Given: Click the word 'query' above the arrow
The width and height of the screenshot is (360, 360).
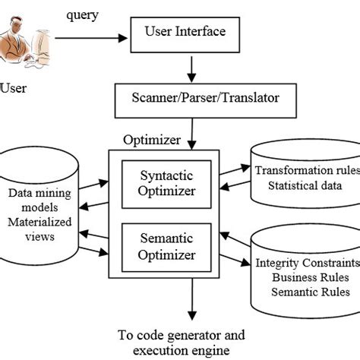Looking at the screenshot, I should point(83,14).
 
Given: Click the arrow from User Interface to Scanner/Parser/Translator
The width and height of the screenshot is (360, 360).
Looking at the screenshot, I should point(191,69).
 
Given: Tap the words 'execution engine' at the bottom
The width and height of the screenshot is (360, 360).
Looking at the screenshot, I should point(182,350).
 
